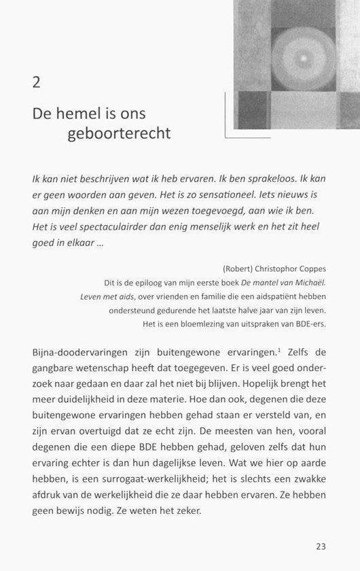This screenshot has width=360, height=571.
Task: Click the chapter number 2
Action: click(x=37, y=82)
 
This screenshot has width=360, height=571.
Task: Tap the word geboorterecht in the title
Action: click(x=119, y=133)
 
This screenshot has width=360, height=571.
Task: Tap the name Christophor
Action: click(x=270, y=269)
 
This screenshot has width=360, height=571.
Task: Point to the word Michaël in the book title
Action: click(x=308, y=282)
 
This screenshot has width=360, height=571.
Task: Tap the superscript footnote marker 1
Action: click(x=280, y=349)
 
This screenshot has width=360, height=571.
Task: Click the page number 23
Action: click(x=321, y=546)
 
